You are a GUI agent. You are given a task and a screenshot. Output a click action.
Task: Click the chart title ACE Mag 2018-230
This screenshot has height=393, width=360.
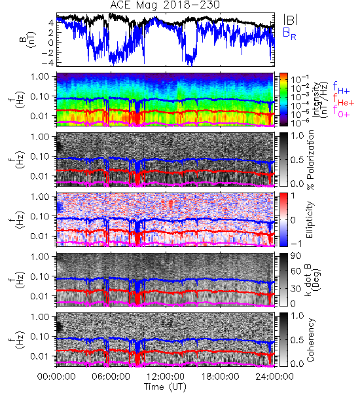pos(165,5)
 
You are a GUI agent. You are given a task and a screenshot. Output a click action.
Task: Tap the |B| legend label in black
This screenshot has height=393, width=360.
pos(291,20)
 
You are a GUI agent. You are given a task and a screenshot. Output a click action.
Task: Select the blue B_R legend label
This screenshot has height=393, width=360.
pos(289,33)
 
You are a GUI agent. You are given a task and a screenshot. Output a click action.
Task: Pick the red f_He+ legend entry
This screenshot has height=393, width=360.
pos(344,100)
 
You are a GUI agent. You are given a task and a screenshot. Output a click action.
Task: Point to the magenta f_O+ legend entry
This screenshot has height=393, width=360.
pos(341,111)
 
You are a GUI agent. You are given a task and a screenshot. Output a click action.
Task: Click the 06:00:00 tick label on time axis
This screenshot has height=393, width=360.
pos(111,377)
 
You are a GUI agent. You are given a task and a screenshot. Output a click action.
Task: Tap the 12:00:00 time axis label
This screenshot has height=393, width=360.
pos(166,377)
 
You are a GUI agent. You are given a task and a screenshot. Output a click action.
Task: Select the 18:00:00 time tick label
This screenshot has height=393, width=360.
pos(220,377)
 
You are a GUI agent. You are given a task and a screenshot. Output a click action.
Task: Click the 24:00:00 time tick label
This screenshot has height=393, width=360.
pos(274,377)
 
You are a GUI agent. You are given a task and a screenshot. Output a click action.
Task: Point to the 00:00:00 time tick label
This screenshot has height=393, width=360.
pos(56,377)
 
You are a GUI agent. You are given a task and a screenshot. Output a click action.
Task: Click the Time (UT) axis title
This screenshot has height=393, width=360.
pos(165,386)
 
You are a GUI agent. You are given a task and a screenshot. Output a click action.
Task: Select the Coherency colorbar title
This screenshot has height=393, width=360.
pos(310,340)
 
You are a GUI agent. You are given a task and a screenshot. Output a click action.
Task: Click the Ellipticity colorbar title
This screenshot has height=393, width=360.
pos(310,219)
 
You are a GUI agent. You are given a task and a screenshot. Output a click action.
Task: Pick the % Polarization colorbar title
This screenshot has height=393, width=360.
pos(310,160)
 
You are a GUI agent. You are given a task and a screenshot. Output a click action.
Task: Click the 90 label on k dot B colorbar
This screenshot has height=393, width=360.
pos(296,255)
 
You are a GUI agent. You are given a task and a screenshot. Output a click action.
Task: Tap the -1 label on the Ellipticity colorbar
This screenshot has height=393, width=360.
pos(296,243)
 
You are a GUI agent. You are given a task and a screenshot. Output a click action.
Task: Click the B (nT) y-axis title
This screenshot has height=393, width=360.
pos(29,39)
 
